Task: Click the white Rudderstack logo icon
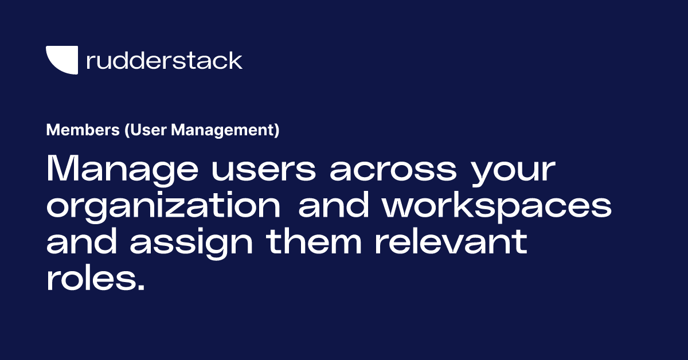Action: [x=61, y=60]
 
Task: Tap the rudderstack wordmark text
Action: [x=164, y=60]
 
